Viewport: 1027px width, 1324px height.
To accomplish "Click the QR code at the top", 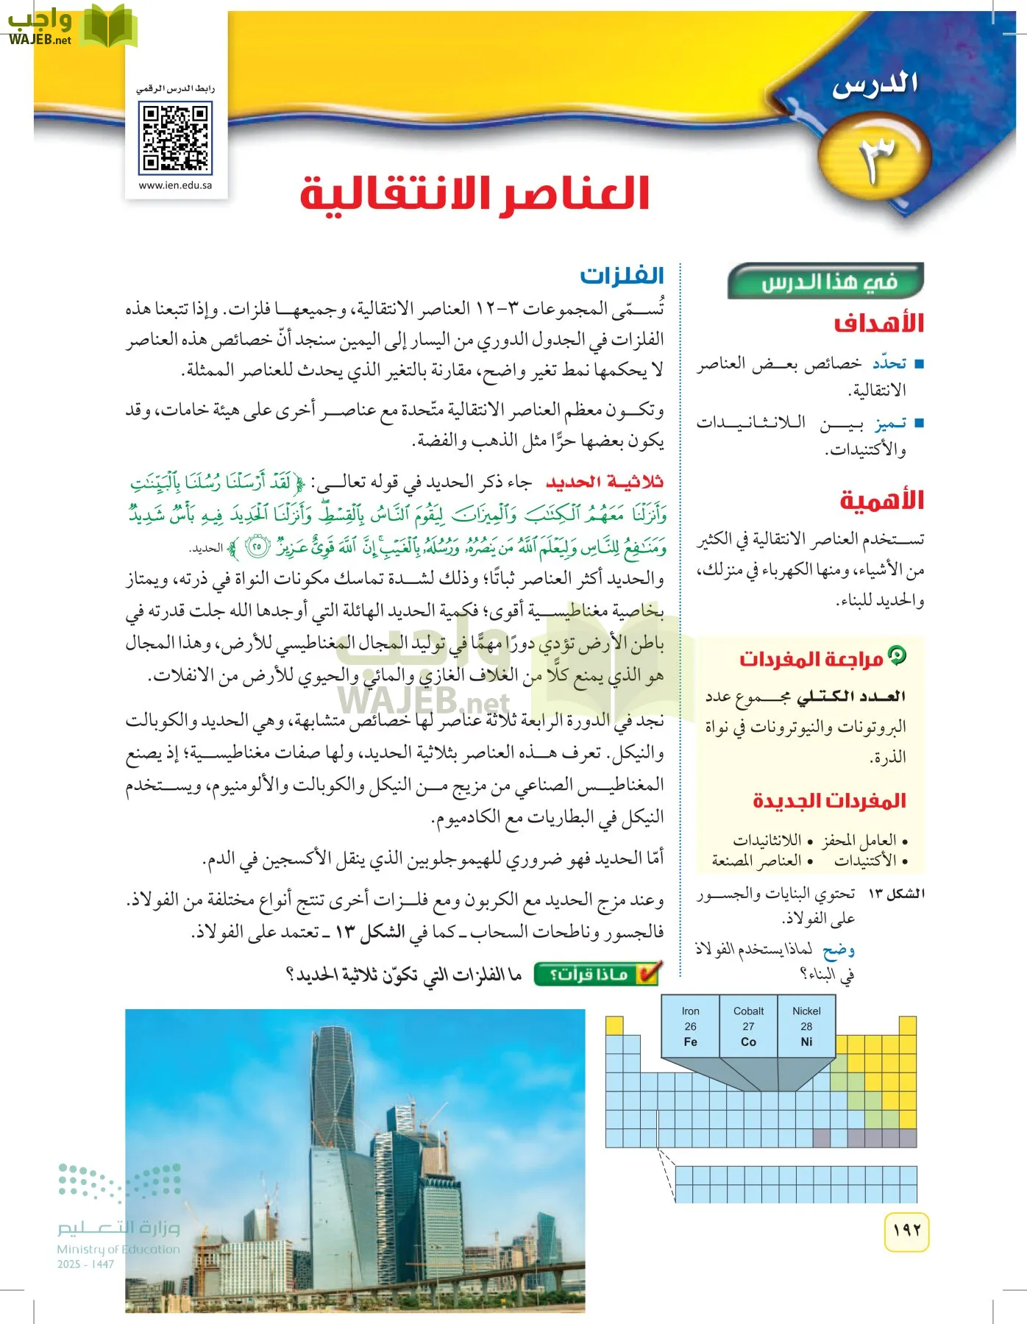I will [x=177, y=138].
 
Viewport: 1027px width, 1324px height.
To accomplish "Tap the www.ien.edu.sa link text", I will [x=176, y=185].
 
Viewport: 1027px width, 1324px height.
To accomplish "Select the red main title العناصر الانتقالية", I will [x=475, y=194].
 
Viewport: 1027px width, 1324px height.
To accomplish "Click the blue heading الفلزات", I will [x=622, y=276].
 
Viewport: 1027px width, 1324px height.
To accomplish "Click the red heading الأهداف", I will [x=878, y=323].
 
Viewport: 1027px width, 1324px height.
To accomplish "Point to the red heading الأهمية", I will [x=881, y=501].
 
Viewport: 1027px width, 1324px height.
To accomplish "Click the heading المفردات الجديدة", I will [x=829, y=801].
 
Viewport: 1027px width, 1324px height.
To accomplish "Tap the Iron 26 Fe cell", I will [x=690, y=1027].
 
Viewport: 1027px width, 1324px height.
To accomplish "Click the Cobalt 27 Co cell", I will [x=748, y=1027].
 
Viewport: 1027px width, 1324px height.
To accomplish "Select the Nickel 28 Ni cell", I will [x=806, y=1027].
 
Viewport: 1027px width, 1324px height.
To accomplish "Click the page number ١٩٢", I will [x=906, y=1230].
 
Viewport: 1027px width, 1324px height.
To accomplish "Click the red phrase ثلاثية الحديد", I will [x=605, y=482].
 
